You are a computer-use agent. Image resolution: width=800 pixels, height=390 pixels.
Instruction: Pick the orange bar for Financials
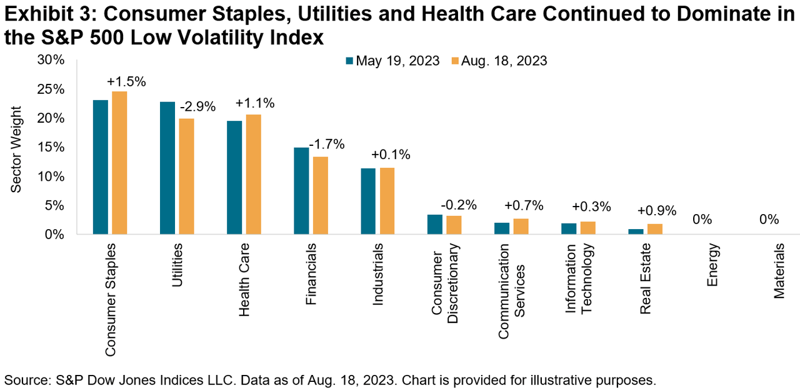pyautogui.click(x=320, y=195)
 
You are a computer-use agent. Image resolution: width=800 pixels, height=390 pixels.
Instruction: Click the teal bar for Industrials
pyautogui.click(x=369, y=201)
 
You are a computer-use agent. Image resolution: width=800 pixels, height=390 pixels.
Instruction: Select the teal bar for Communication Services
pyautogui.click(x=502, y=228)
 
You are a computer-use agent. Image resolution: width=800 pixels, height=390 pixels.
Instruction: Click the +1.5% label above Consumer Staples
pyautogui.click(x=126, y=81)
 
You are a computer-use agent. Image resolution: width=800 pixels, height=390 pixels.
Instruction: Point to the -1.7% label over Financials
pyautogui.click(x=328, y=144)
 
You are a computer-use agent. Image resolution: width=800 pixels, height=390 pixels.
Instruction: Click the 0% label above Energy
pyautogui.click(x=702, y=220)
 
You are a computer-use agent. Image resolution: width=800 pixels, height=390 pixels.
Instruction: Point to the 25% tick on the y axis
pyautogui.click(x=51, y=89)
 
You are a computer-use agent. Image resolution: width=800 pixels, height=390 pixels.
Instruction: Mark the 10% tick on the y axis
pyautogui.click(x=51, y=176)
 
